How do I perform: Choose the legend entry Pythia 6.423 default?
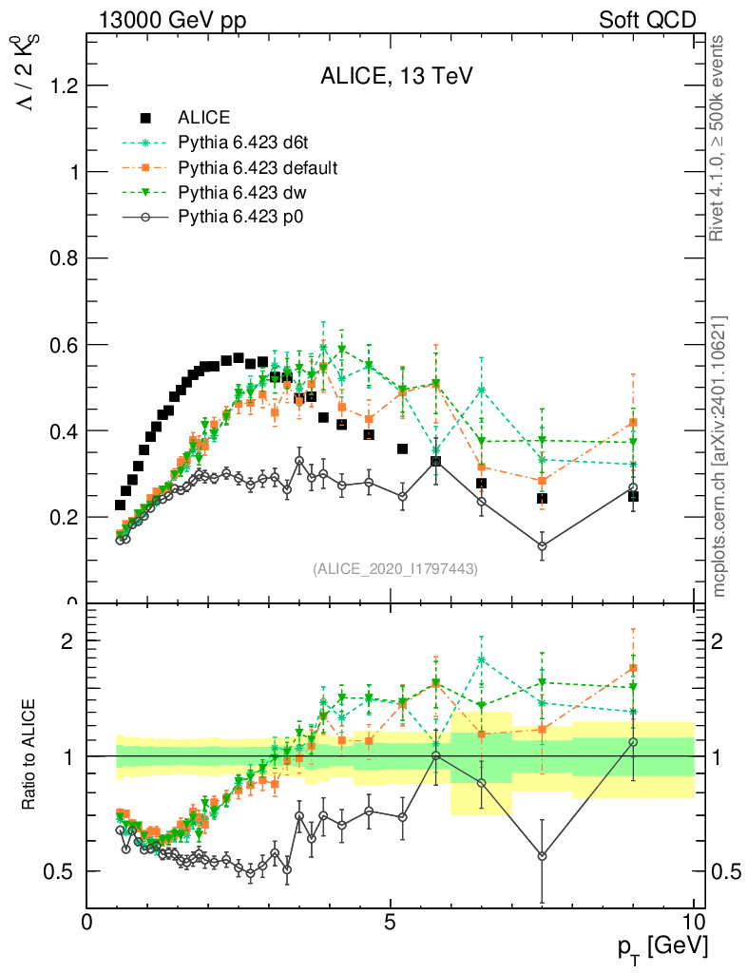click(x=258, y=167)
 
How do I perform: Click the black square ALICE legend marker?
click(x=145, y=118)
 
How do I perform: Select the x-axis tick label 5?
click(x=391, y=922)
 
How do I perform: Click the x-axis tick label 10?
click(x=694, y=922)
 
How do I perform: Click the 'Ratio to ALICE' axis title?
click(x=30, y=755)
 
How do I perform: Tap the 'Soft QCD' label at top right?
click(x=647, y=20)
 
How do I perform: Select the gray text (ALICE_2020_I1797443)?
click(x=395, y=568)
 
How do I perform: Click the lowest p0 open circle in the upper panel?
click(x=542, y=546)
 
